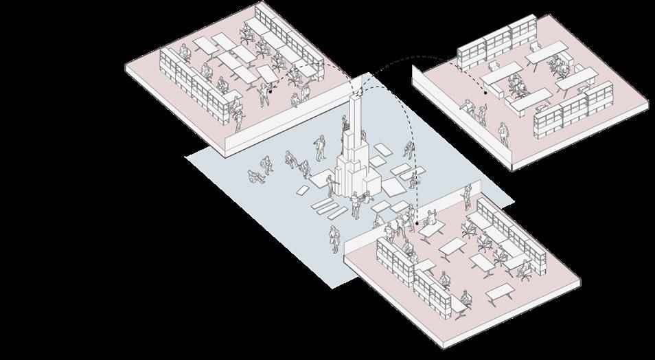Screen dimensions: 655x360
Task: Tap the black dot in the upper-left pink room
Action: coord(271,89)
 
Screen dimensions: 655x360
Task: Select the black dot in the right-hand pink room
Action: coord(485,91)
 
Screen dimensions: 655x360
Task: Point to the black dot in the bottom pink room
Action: coord(417,223)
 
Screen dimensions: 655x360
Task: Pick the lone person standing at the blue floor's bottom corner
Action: coord(334,238)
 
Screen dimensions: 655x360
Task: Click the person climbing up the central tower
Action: coord(345,132)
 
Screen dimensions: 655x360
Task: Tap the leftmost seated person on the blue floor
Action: coord(255,177)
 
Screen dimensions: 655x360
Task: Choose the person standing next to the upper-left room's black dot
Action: coord(264,95)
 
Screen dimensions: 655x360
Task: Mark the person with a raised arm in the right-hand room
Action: coord(468,108)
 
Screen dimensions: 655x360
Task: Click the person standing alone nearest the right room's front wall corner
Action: coord(504,131)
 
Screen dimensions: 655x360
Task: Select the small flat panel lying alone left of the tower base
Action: coord(303,190)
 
